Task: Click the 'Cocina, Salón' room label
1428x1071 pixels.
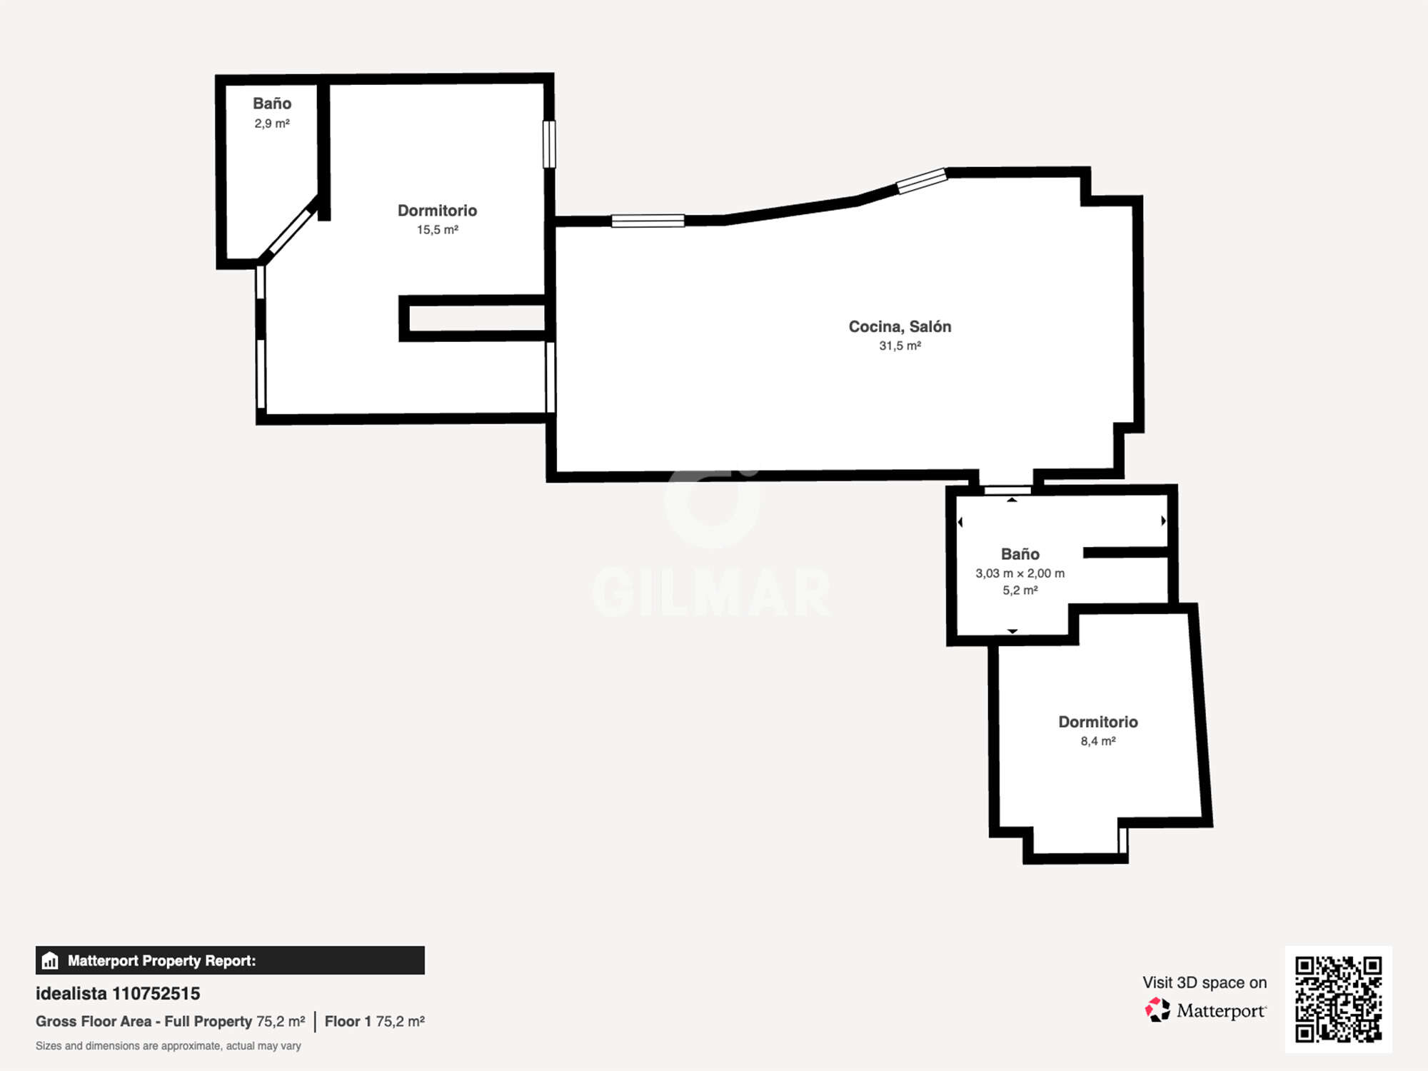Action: pyautogui.click(x=900, y=326)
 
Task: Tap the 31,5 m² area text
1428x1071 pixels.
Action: pyautogui.click(x=900, y=346)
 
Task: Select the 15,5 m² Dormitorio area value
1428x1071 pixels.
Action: pyautogui.click(x=438, y=230)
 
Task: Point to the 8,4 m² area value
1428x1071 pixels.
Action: pyautogui.click(x=1098, y=741)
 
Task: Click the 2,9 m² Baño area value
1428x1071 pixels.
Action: pyautogui.click(x=272, y=124)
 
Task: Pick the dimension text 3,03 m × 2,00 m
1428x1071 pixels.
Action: pyautogui.click(x=1020, y=573)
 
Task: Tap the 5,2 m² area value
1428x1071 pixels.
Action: pyautogui.click(x=1020, y=590)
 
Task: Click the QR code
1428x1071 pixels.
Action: pyautogui.click(x=1339, y=1000)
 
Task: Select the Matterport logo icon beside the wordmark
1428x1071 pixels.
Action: pyautogui.click(x=1157, y=1010)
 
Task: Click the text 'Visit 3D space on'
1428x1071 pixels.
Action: pyautogui.click(x=1205, y=982)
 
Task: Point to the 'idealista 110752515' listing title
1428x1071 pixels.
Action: pyautogui.click(x=118, y=993)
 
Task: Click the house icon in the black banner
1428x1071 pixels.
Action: pyautogui.click(x=50, y=960)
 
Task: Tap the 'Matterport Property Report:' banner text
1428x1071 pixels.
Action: pyautogui.click(x=161, y=960)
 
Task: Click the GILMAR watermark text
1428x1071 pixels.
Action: pyautogui.click(x=712, y=593)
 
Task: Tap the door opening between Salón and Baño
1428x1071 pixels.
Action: pyautogui.click(x=1007, y=491)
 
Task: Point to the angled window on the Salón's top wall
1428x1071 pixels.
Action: pyautogui.click(x=922, y=181)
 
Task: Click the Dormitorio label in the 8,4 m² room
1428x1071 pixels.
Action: pyautogui.click(x=1098, y=722)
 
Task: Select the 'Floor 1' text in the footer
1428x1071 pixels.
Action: pyautogui.click(x=348, y=1022)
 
